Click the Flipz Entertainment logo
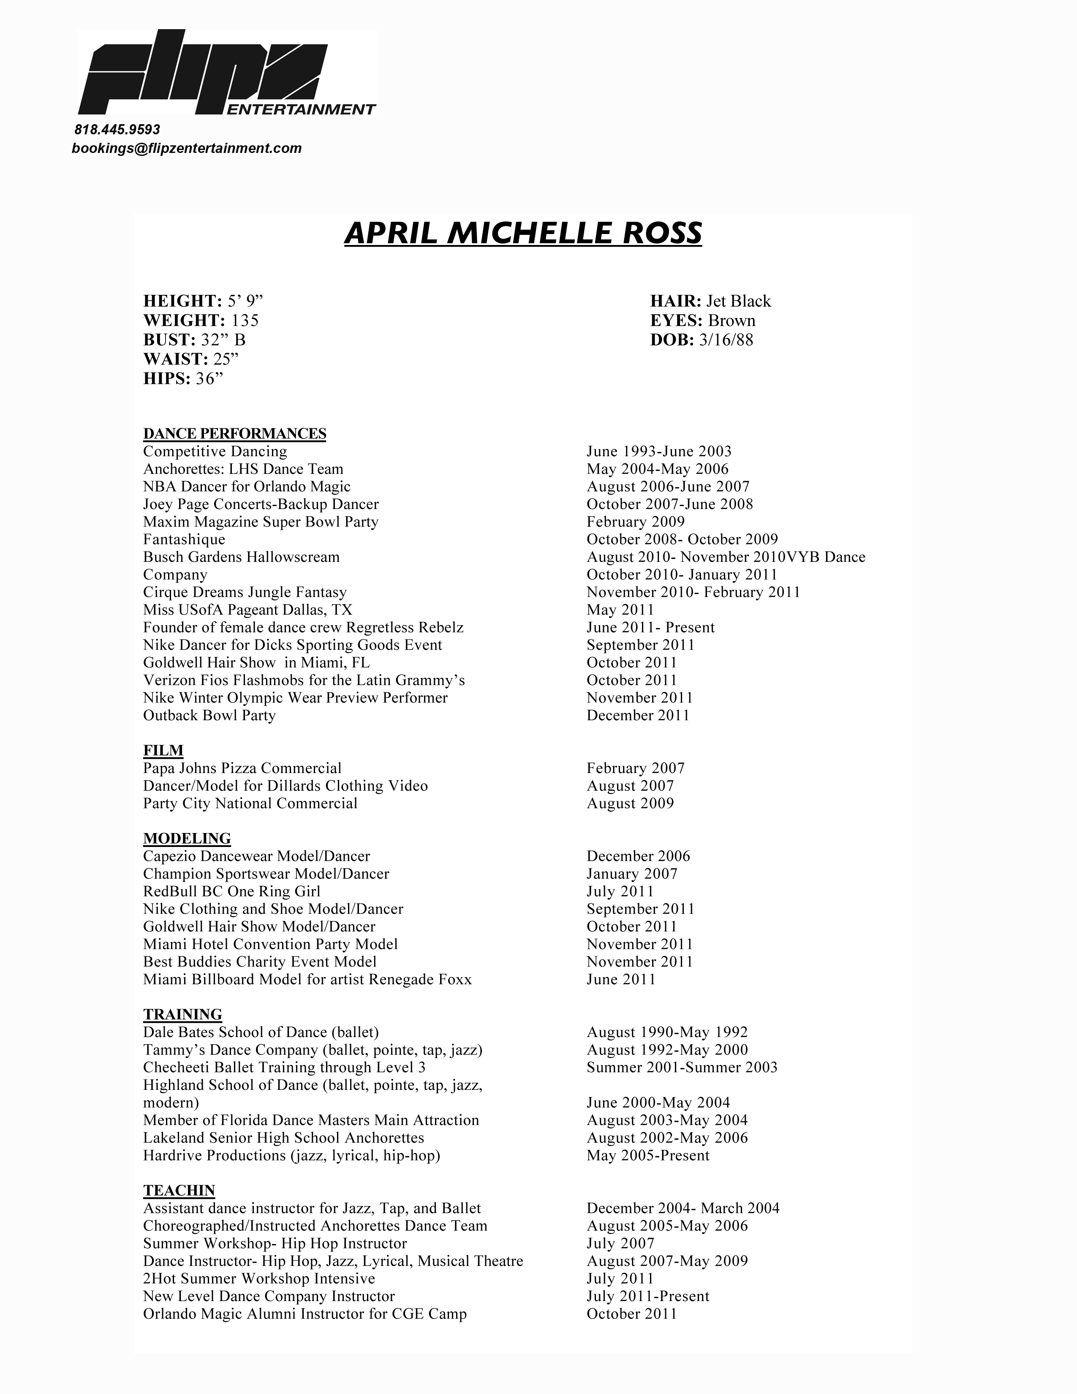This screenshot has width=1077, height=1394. [226, 74]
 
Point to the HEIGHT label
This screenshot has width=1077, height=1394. [182, 301]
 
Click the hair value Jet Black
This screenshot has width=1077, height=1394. [738, 301]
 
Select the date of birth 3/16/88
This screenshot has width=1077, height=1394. [726, 340]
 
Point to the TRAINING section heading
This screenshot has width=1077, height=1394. [182, 1015]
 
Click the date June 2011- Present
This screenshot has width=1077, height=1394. [650, 627]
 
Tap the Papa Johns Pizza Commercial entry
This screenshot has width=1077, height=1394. [242, 768]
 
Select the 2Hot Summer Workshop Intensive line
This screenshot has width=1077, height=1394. [258, 1279]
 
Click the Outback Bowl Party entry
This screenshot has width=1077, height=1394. [209, 716]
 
